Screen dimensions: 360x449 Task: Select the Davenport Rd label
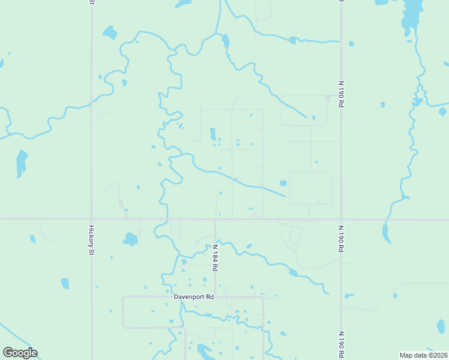click(193, 297)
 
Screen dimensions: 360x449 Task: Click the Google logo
click(20, 353)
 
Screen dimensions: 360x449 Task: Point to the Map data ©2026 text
click(423, 355)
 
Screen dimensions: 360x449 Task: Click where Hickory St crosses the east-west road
click(92, 219)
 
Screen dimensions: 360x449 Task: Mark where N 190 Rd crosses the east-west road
click(341, 219)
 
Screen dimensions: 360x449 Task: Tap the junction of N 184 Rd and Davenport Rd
click(215, 297)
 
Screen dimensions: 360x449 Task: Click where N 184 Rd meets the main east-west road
click(215, 219)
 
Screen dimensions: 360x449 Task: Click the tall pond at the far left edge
click(21, 163)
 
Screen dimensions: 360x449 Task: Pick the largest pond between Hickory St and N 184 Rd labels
click(130, 240)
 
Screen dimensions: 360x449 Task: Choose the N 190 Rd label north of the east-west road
click(340, 90)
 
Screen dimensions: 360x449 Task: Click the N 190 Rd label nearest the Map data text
click(340, 341)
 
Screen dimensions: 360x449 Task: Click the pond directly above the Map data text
click(441, 326)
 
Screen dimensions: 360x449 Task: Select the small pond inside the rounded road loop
click(313, 118)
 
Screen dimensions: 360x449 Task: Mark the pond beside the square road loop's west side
click(283, 184)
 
